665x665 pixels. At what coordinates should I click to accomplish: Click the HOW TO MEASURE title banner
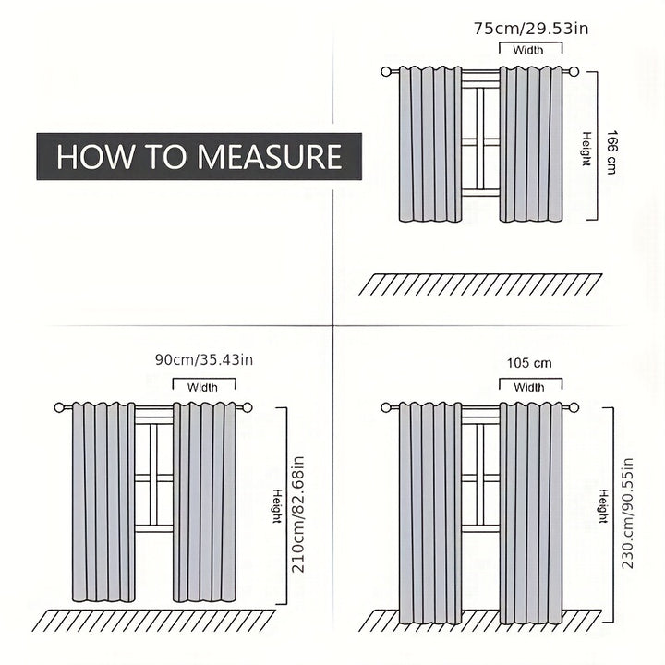click(199, 156)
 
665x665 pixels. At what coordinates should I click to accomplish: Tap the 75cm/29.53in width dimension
click(531, 29)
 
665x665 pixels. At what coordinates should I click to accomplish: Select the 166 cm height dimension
click(611, 151)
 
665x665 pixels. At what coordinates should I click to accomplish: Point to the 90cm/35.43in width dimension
click(204, 359)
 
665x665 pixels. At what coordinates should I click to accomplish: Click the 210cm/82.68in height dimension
click(298, 514)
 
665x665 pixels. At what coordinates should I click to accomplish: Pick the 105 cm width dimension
click(530, 363)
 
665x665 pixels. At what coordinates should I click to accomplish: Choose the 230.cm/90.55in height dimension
click(627, 514)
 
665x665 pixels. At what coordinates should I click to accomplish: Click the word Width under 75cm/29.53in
click(528, 50)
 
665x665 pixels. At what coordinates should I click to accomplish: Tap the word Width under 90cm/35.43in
click(202, 387)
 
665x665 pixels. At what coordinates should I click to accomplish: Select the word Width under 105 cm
click(529, 387)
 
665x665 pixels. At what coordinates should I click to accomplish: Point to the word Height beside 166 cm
click(586, 149)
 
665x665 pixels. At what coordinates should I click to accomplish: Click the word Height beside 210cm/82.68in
click(277, 506)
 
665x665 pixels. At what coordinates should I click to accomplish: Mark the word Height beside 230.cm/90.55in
click(603, 506)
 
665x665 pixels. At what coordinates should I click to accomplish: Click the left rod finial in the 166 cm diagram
click(385, 72)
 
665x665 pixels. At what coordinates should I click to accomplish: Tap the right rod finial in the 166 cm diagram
click(574, 72)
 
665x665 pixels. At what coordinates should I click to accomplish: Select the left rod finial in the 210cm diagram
click(59, 408)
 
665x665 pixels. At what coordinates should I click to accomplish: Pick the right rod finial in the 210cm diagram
click(248, 408)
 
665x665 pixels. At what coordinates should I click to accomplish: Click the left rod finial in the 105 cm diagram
click(385, 408)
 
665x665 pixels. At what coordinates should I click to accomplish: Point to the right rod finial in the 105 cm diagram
click(574, 408)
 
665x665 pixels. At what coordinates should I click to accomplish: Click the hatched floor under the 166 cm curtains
click(480, 284)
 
